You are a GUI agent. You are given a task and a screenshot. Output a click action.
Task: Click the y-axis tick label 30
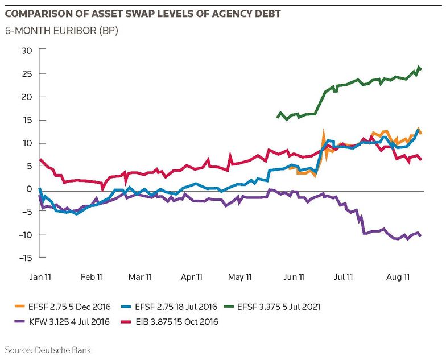(x=27, y=51)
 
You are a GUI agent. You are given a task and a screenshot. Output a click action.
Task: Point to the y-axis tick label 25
(x=27, y=74)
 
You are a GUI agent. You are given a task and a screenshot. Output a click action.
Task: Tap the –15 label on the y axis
(x=25, y=258)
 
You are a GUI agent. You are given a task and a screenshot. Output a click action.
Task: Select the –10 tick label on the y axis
(x=25, y=235)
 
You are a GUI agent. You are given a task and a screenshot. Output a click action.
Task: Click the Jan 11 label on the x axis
(x=40, y=277)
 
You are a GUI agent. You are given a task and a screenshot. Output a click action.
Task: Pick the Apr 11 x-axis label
(x=191, y=277)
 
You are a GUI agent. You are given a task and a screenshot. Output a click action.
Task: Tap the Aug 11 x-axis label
(x=398, y=277)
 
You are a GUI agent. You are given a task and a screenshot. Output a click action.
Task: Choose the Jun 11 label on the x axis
(x=294, y=277)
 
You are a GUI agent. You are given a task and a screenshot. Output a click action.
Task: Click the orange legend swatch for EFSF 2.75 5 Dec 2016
(x=19, y=307)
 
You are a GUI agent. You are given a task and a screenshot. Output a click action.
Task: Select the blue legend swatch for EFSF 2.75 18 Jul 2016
(x=126, y=307)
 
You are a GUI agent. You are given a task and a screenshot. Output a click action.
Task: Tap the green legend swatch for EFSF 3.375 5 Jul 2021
(x=229, y=307)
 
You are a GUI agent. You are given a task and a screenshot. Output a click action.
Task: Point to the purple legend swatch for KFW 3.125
(x=19, y=322)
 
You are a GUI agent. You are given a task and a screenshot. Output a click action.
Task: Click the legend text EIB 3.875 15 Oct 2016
(x=177, y=322)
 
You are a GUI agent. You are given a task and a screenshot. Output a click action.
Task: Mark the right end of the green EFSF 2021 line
(x=421, y=69)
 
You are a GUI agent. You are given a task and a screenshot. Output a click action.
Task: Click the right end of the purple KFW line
(x=420, y=235)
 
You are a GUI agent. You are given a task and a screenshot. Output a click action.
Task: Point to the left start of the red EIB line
(x=40, y=159)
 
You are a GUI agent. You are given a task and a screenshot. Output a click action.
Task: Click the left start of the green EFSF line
(x=278, y=117)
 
